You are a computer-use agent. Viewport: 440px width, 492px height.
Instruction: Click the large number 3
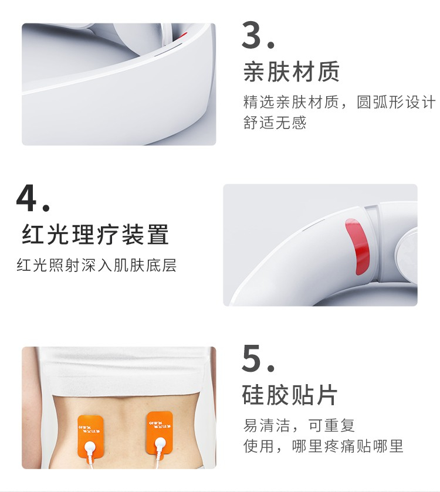252,35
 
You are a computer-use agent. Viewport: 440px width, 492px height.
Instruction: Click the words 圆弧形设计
396,102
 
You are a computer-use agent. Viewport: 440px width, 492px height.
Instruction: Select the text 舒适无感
275,123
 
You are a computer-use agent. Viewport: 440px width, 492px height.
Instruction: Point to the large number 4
28,198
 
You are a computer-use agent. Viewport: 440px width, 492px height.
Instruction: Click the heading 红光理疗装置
96,235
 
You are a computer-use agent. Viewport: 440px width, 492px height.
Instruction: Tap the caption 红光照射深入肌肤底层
97,265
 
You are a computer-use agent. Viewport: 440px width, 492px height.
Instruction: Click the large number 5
252,358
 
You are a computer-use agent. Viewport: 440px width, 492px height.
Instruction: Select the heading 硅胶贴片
290,395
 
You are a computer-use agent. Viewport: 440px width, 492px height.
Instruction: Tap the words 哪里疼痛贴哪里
347,446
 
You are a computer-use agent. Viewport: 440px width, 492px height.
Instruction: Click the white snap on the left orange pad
91,446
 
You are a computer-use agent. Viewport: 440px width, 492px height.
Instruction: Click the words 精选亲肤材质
291,102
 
